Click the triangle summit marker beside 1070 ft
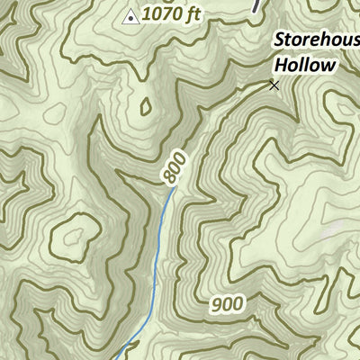click(130, 14)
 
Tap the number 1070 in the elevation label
click(158, 13)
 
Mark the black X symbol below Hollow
click(274, 85)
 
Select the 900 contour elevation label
click(228, 304)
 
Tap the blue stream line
click(157, 261)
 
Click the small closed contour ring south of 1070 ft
click(145, 106)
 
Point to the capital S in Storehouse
click(279, 40)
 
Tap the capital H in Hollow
click(280, 64)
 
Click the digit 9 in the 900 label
click(219, 304)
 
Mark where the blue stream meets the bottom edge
click(117, 358)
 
